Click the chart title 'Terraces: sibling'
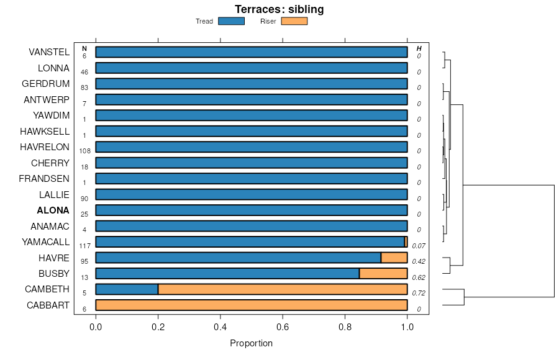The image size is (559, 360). click(x=279, y=9)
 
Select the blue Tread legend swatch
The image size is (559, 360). click(x=232, y=21)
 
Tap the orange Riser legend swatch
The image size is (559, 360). click(x=294, y=21)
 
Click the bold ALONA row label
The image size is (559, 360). click(x=53, y=210)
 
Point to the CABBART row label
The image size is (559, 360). click(x=48, y=305)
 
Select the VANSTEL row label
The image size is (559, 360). click(x=49, y=52)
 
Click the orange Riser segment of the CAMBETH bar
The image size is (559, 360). click(x=283, y=289)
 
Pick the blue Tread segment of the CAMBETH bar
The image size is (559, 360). click(x=127, y=289)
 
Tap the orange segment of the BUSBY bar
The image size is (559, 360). click(x=383, y=273)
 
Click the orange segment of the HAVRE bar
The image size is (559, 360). click(x=394, y=258)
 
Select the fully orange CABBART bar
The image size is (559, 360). click(x=252, y=305)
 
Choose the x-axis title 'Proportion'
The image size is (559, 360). click(x=251, y=343)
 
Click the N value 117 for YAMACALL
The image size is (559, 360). click(x=84, y=246)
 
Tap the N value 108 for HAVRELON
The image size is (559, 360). click(x=84, y=151)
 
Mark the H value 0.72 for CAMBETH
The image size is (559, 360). click(x=419, y=293)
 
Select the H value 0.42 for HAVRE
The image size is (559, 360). click(x=419, y=261)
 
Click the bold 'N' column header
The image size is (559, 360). click(x=84, y=48)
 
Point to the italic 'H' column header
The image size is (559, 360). click(x=419, y=48)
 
